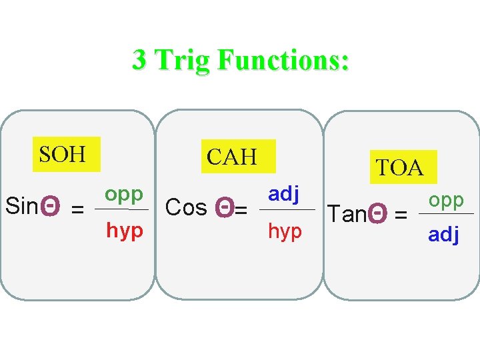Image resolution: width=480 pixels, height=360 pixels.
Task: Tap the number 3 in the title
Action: pos(139,61)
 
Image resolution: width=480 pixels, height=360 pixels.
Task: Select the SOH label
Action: pos(63,155)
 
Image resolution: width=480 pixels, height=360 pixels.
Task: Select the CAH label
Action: pos(231,157)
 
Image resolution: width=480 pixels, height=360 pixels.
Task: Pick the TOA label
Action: pos(399,168)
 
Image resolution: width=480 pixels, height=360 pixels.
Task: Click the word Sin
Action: pos(21,207)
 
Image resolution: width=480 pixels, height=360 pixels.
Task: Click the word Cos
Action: pos(185,208)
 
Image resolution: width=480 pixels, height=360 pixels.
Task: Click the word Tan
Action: pos(347,214)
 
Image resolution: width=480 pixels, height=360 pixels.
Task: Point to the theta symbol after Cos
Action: pos(225,209)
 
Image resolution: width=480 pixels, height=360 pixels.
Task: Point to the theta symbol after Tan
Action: pos(377,214)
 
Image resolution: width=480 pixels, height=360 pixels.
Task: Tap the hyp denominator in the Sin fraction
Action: pos(125,231)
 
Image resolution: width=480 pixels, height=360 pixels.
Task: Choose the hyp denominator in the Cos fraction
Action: pos(285,232)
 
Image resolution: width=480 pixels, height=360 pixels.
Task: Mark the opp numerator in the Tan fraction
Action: pos(446,200)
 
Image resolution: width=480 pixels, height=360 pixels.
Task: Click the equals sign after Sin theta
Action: pos(78,209)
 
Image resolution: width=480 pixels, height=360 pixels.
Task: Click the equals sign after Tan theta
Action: pos(401,215)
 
